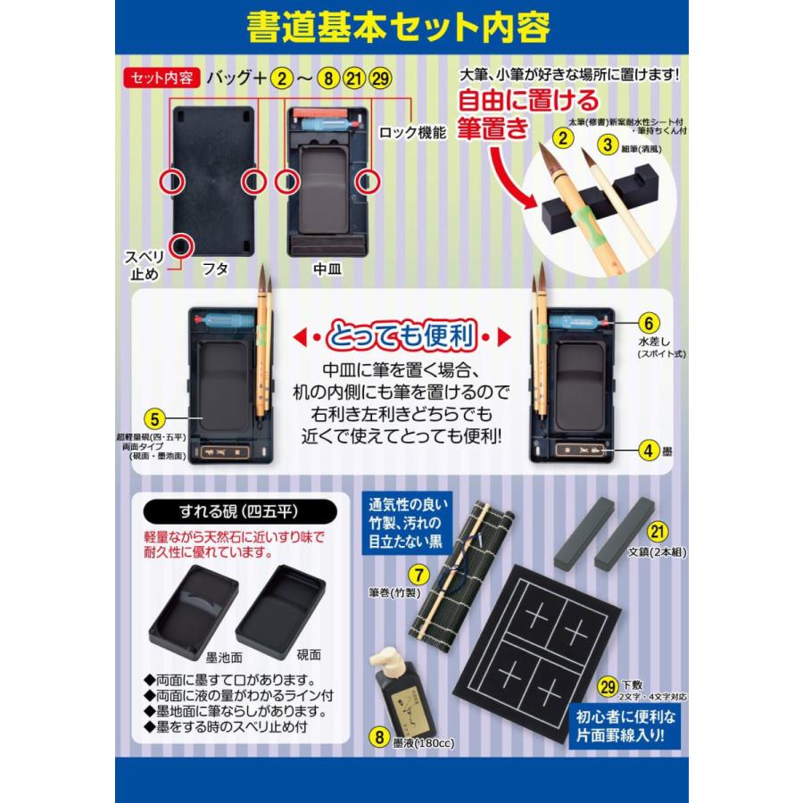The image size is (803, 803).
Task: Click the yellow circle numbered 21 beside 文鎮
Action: pos(658,532)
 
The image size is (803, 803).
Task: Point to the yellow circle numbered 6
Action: pos(650,323)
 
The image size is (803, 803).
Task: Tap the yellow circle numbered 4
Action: pos(650,451)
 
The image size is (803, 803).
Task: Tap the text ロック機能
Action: pos(412,133)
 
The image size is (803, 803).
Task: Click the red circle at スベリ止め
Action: pos(181,244)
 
